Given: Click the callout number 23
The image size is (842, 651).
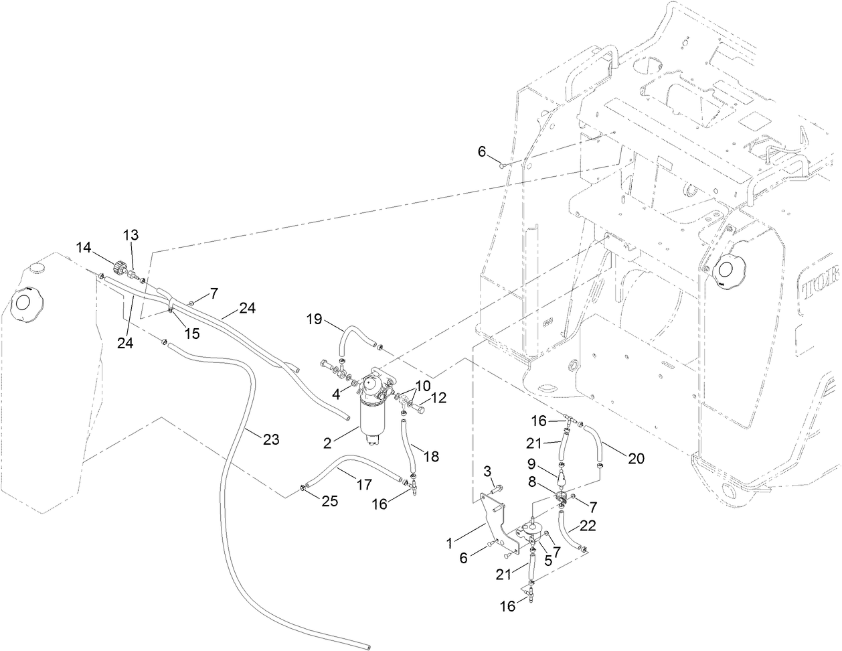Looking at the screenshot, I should tap(270, 439).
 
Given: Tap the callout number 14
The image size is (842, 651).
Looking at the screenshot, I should tap(84, 247).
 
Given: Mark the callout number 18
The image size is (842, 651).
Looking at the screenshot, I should tap(432, 456).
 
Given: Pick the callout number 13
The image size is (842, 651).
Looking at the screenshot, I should tap(131, 234).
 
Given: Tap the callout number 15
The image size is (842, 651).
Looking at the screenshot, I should tap(192, 333).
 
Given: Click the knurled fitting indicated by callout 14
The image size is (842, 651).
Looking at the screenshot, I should tap(121, 267).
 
